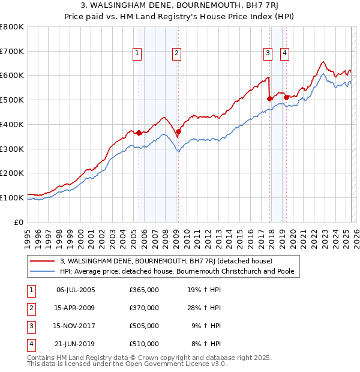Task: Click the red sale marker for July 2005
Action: (139, 133)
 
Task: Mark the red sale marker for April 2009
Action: (178, 131)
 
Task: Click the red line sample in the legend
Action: (43, 262)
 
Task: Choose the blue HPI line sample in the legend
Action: (43, 271)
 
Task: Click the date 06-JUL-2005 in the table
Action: (76, 290)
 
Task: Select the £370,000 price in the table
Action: (144, 308)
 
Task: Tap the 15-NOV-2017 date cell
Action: (76, 326)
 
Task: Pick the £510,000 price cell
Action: (144, 344)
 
